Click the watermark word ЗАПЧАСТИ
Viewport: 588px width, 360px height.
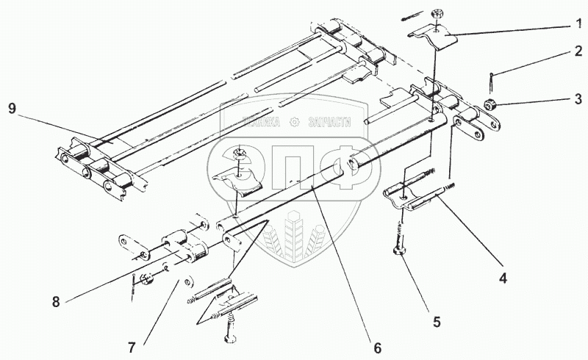click(x=329, y=123)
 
